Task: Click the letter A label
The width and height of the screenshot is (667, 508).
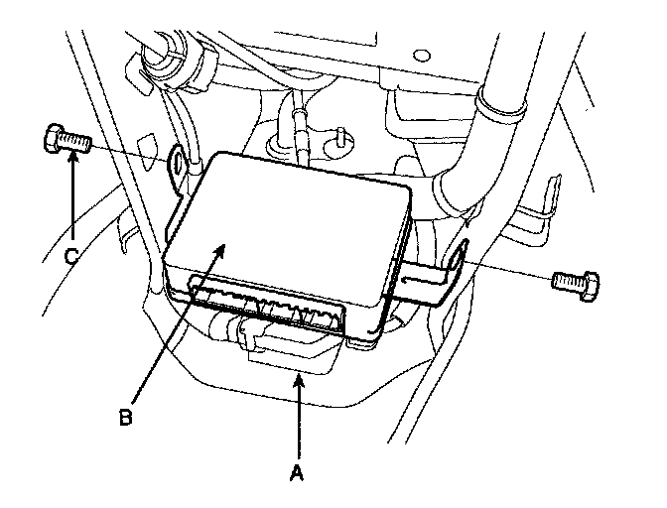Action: pos(295,474)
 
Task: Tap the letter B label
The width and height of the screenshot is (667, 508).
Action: pos(125,417)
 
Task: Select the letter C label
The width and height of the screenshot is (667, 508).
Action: pos(71,255)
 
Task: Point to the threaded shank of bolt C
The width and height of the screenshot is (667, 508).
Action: pos(75,144)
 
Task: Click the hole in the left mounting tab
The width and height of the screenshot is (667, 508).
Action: pos(178,160)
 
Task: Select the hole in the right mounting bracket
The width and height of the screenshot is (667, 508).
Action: pos(459,261)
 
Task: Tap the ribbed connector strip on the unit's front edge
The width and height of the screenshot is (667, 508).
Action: pos(263,309)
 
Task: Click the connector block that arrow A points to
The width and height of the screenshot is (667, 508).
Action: pos(294,352)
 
